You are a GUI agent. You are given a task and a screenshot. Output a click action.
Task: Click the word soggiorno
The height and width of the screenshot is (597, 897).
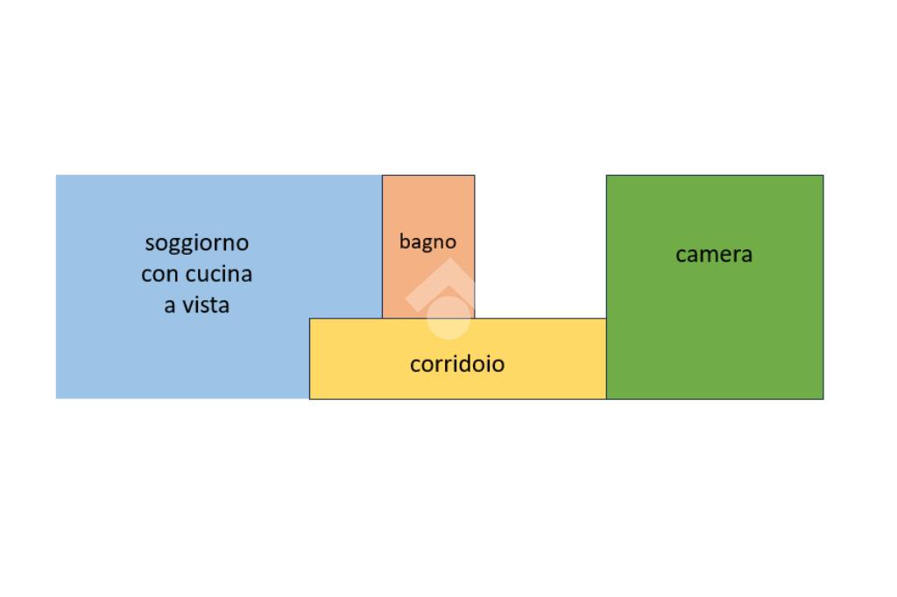[196, 242]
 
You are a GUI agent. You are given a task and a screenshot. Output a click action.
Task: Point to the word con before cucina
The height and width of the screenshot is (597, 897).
[159, 274]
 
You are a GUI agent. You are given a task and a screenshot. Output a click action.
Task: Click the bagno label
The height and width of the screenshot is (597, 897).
[427, 242]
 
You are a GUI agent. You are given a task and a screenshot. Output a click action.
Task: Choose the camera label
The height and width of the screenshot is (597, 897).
[714, 255]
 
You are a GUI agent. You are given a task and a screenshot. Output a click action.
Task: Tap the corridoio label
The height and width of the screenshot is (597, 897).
[457, 363]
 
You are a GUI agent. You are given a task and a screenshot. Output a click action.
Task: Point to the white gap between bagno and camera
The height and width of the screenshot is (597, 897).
[540, 246]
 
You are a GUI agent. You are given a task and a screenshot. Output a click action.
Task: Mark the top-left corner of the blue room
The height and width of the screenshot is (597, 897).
[57, 176]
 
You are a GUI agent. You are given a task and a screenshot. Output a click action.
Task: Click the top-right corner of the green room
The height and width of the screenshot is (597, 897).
[823, 176]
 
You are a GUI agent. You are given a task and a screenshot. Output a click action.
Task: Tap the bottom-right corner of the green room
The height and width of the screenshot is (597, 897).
[823, 398]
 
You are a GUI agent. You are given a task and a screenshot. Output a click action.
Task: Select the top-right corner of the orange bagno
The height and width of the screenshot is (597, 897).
[474, 176]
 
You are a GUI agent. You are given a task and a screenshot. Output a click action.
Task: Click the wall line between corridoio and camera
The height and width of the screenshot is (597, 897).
[606, 359]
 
